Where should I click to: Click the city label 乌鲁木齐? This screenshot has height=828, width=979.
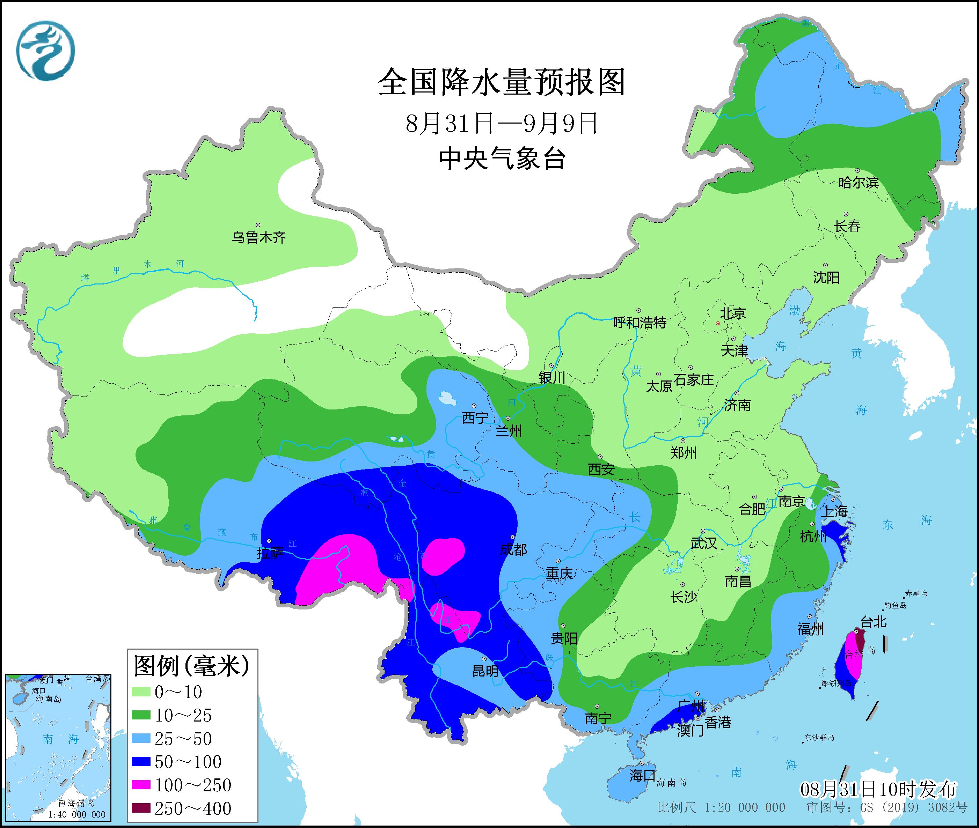tap(258, 237)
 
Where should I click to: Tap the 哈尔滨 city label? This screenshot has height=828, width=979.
tap(858, 183)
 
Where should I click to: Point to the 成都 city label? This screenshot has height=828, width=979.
tap(513, 549)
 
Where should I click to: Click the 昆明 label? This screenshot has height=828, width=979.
tap(485, 671)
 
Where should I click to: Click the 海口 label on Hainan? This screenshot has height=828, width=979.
tap(642, 775)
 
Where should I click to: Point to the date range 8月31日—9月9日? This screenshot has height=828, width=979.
tap(502, 124)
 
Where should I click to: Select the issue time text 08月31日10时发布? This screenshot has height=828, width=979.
tap(878, 790)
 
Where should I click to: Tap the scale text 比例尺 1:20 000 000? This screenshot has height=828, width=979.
tap(721, 808)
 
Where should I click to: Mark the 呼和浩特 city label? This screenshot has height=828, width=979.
tap(640, 323)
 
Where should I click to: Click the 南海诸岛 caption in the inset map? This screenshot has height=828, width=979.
tap(76, 804)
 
